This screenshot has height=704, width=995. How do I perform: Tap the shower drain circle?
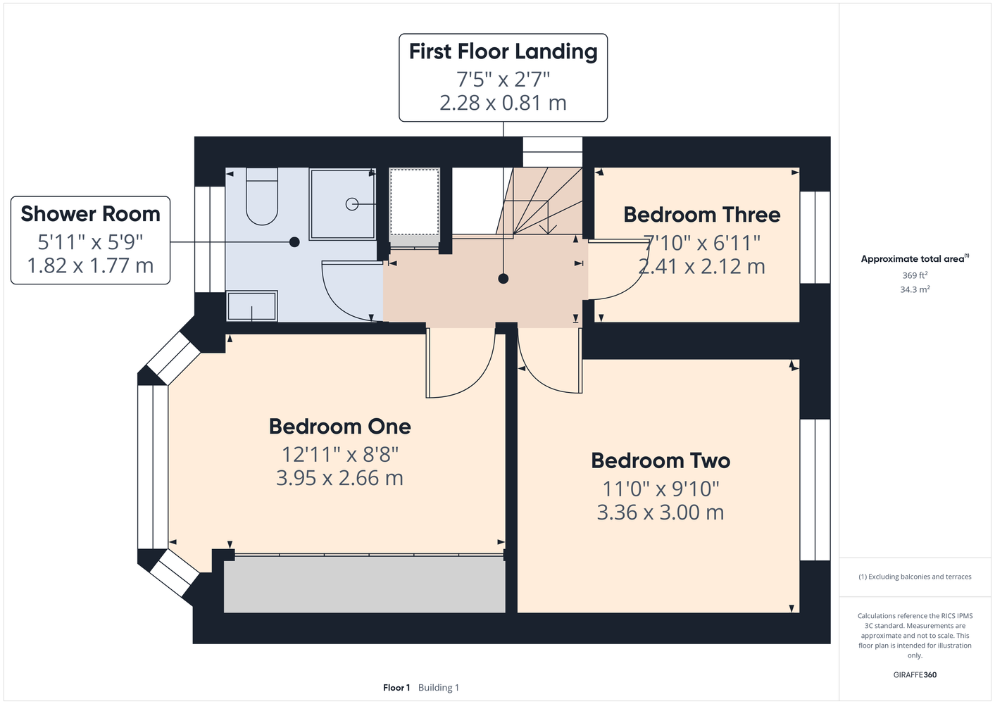(x=352, y=204)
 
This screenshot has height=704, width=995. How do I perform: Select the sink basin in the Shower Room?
(x=252, y=306)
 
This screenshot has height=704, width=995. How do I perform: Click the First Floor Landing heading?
(x=503, y=51)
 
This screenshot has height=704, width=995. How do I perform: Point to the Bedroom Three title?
(x=702, y=215)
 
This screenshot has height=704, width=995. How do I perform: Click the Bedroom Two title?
(x=661, y=460)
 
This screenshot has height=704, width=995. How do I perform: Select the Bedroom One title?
(x=340, y=427)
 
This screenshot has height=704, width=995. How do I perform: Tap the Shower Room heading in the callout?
(x=91, y=214)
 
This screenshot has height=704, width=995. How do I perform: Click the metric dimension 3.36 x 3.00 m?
(x=661, y=512)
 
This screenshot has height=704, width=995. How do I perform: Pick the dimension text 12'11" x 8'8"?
(x=340, y=454)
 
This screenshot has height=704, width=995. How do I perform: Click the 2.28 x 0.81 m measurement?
(x=503, y=103)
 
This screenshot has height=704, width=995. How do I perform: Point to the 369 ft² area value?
(x=915, y=275)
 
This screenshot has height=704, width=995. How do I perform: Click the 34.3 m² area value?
(x=915, y=289)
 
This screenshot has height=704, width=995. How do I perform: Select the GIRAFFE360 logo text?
(x=915, y=674)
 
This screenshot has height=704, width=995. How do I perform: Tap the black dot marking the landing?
(x=503, y=279)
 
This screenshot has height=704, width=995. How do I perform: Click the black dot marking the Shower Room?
(x=294, y=242)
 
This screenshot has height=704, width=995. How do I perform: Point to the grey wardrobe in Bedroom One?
(x=364, y=585)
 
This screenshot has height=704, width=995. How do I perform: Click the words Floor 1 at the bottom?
(x=396, y=688)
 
